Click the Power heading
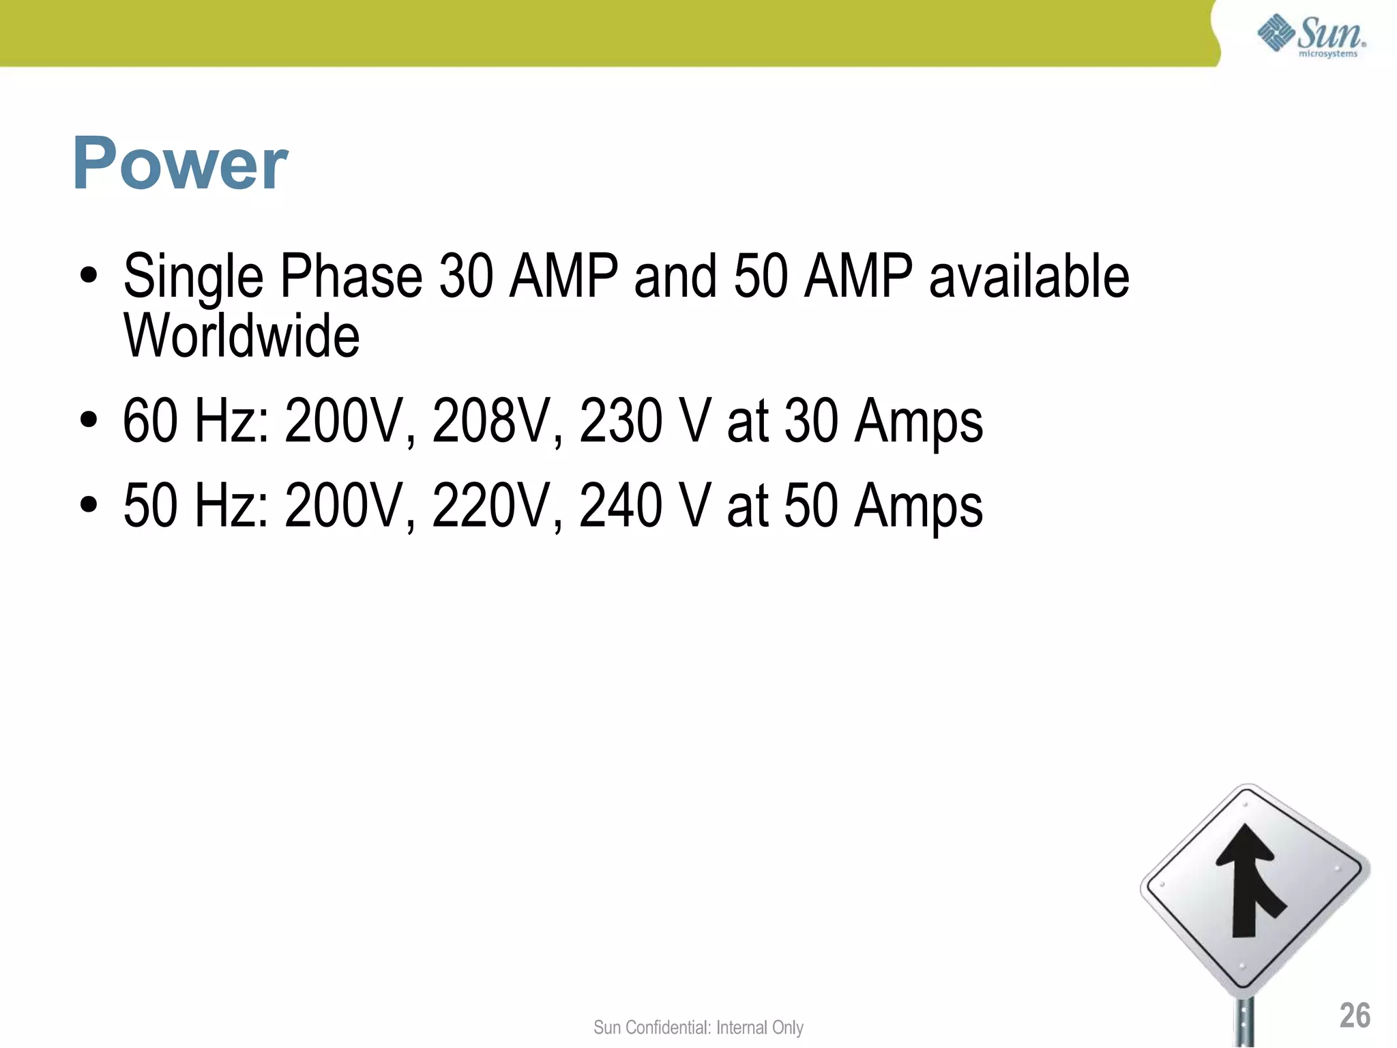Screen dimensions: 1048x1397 coord(180,164)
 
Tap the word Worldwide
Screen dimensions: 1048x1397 coord(241,336)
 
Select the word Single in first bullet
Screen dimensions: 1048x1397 coord(193,276)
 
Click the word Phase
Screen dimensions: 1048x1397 coord(351,276)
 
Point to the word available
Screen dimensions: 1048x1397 coord(1029,276)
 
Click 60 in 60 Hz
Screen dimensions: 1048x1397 coord(150,421)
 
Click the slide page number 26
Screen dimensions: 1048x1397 coord(1354,1015)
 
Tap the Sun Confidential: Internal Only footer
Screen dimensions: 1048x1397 coord(698,1027)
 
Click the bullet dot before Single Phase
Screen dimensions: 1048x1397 coord(89,276)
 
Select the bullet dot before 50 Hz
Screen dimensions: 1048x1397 coord(89,506)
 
